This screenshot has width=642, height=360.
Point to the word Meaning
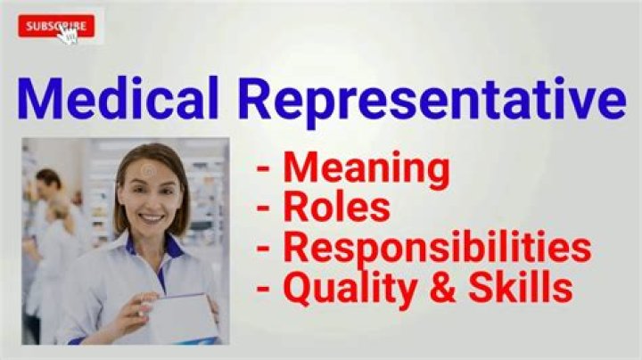[x=366, y=168]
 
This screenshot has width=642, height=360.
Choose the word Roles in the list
[x=336, y=208]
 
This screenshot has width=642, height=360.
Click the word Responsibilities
[x=437, y=249]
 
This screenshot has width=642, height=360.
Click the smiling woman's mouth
[x=152, y=217]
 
